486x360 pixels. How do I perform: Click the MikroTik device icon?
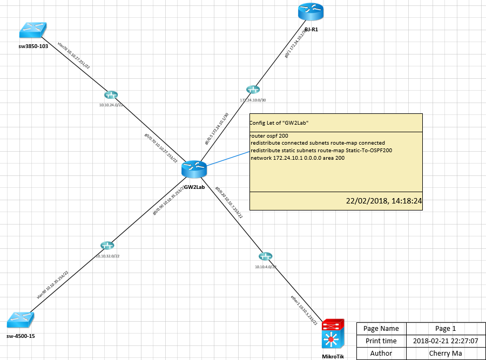pyautogui.click(x=332, y=335)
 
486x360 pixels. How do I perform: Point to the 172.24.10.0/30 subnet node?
pyautogui.click(x=252, y=90)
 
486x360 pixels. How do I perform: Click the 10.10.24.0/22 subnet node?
pyautogui.click(x=111, y=94)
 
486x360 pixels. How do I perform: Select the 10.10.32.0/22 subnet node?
pyautogui.click(x=107, y=246)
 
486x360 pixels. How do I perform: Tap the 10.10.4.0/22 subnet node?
pyautogui.click(x=265, y=256)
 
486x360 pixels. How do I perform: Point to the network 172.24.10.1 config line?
pyautogui.click(x=298, y=158)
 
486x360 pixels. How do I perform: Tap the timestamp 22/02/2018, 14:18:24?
pyautogui.click(x=383, y=201)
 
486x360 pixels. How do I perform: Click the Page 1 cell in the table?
pyautogui.click(x=446, y=328)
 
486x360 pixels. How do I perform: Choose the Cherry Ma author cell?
pyautogui.click(x=446, y=354)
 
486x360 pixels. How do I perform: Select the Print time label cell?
pyautogui.click(x=381, y=341)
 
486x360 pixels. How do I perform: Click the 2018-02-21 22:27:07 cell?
pyautogui.click(x=446, y=341)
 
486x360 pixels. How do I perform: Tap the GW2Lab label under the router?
pyautogui.click(x=194, y=187)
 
